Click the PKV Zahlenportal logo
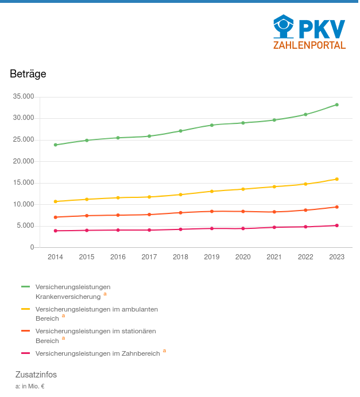coord(309,32)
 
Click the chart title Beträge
coord(28,74)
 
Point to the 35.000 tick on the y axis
coord(24,96)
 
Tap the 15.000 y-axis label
coord(24,183)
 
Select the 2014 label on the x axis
coord(56,257)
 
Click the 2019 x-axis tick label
coord(212,257)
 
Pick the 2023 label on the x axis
coord(336,257)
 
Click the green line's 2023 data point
coord(337,105)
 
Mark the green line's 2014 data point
coord(56,145)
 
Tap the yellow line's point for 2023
coord(337,179)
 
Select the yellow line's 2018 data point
coord(180,194)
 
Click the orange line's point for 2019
coord(212,211)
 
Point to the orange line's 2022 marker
coord(305,210)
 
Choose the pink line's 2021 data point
coord(274,227)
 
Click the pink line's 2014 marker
coord(56,231)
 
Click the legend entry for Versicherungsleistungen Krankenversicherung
coord(72,291)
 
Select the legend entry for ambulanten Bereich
coord(96,313)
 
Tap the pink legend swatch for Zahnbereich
coord(25,353)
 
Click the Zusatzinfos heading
coord(36,375)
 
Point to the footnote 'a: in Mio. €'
coord(30,386)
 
